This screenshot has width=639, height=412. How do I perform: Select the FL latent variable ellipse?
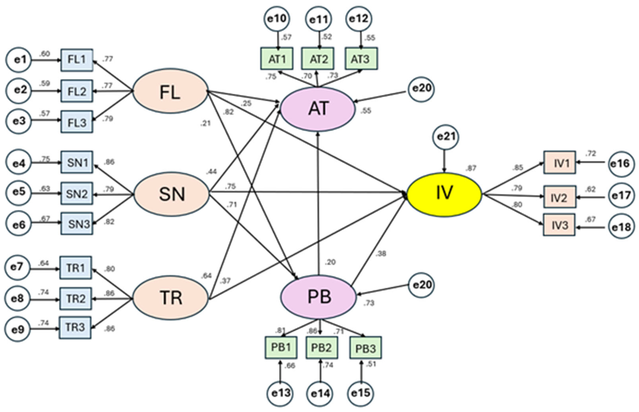(170, 91)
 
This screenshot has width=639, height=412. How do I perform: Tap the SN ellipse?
(171, 194)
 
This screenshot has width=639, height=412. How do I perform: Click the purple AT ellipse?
(318, 109)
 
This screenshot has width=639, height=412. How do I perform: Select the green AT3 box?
(361, 59)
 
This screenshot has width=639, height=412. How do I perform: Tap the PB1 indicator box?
(281, 347)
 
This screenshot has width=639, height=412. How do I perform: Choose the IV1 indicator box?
(559, 162)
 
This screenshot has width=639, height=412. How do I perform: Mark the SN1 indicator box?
(77, 162)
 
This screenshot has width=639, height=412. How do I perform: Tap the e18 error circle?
(621, 227)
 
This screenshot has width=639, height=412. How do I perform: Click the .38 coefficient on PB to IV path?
(381, 253)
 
